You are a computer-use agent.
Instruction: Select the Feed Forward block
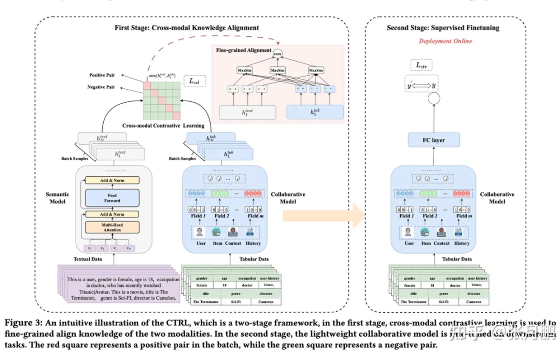[112, 197]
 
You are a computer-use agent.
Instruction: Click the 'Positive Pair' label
[102, 75]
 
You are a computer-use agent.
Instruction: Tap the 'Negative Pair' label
[101, 87]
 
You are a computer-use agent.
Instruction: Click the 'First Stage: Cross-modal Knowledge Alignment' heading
[187, 27]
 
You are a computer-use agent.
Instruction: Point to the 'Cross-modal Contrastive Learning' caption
[163, 126]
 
